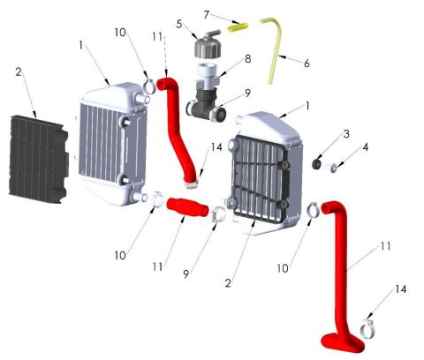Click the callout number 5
pyautogui.click(x=179, y=24)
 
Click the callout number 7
pyautogui.click(x=207, y=15)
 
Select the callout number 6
pyautogui.click(x=307, y=63)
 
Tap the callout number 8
pyautogui.click(x=248, y=59)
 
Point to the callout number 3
pyautogui.click(x=346, y=134)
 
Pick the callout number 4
pyautogui.click(x=366, y=147)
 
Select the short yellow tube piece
pyautogui.click(x=238, y=27)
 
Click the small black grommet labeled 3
pyautogui.click(x=317, y=164)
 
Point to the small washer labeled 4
pyautogui.click(x=334, y=169)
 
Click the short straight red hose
pyautogui.click(x=188, y=208)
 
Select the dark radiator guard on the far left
pyautogui.click(x=38, y=159)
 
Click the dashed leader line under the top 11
pyautogui.click(x=165, y=56)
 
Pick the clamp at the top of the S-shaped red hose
pyautogui.click(x=150, y=86)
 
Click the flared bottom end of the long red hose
pyautogui.click(x=343, y=342)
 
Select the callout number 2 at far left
pyautogui.click(x=19, y=71)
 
